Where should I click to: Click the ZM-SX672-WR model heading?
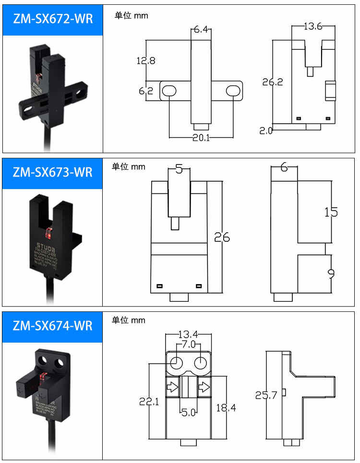point(52,19)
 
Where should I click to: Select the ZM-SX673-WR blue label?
point(52,172)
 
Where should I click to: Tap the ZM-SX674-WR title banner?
point(52,326)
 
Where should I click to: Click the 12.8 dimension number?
point(145,61)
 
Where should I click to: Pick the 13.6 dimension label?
point(312,27)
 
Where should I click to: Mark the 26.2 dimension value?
point(272,82)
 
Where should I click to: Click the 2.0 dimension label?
point(266,131)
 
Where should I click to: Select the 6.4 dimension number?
point(201,30)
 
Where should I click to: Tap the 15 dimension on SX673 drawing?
point(331,212)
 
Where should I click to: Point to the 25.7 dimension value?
point(266,396)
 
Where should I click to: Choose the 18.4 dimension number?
point(226,408)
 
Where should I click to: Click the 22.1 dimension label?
point(149,402)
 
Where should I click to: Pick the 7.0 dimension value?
point(188,344)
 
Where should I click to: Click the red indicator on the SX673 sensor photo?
point(48,234)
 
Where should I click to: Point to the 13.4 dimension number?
point(188,334)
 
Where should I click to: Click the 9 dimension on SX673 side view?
point(331,273)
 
